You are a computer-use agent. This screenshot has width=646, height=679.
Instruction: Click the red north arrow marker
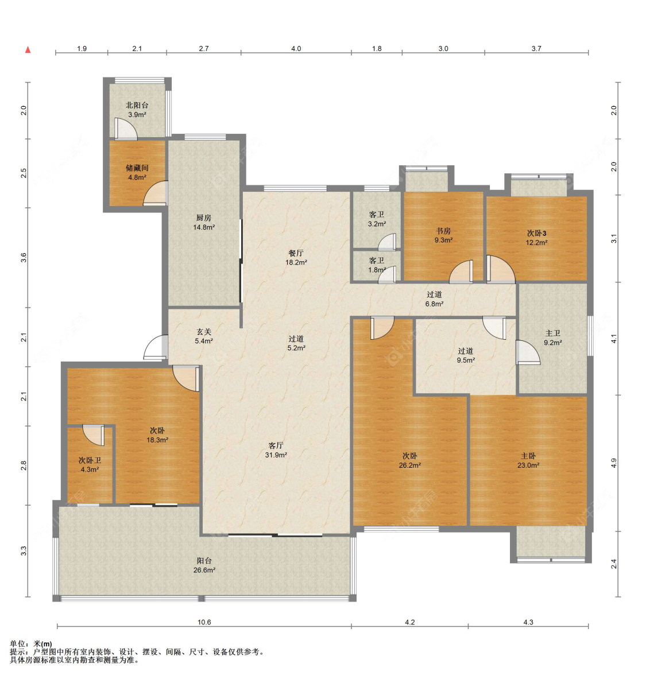click(28, 50)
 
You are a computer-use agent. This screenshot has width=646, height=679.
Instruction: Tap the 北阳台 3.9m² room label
click(137, 110)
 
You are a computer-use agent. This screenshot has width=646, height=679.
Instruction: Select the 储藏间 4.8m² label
click(137, 172)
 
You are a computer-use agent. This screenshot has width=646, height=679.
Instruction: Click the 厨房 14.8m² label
click(204, 222)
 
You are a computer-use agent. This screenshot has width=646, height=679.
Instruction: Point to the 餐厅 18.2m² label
click(296, 257)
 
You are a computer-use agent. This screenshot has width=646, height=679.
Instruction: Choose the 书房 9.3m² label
click(443, 235)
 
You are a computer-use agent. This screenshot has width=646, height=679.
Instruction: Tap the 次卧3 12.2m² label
click(536, 238)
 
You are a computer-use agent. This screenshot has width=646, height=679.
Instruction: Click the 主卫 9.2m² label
click(553, 337)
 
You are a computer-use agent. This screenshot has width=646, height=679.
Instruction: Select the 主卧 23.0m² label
click(528, 460)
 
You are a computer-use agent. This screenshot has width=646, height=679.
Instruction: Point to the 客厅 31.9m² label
click(276, 450)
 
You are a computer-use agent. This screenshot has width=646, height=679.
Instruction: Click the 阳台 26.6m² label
click(204, 565)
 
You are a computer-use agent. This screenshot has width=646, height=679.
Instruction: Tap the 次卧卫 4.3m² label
click(90, 465)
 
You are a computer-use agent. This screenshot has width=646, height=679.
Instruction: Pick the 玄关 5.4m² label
click(204, 336)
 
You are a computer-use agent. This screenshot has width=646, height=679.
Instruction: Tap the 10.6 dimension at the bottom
click(204, 622)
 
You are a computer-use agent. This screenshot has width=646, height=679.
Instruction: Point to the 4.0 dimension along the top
click(296, 48)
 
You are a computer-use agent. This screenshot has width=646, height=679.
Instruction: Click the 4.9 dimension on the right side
click(613, 463)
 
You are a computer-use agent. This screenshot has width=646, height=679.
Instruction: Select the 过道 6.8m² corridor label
click(434, 299)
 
